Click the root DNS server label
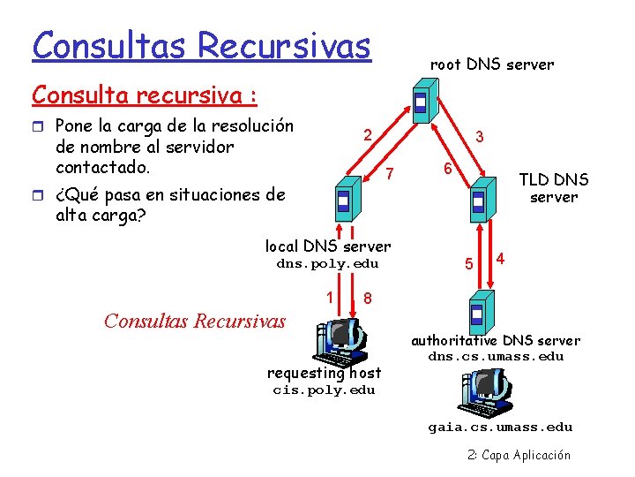pos(491,64)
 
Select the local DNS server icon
pos(344,201)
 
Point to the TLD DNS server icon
pos(478,201)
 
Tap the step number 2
pos(368,135)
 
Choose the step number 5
pos(470,263)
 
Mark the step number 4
pos(500,259)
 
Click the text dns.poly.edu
pos(327,263)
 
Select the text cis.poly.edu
pos(324,390)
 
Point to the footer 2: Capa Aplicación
pos(519,455)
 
